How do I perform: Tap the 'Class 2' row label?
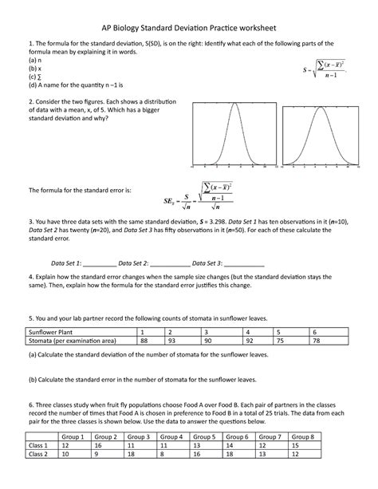[41, 455]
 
